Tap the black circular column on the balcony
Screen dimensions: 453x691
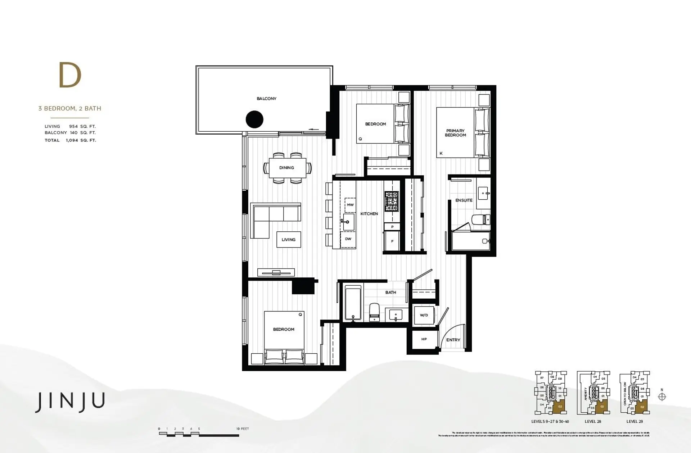[254, 119]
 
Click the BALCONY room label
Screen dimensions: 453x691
[266, 99]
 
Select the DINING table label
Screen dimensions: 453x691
[286, 168]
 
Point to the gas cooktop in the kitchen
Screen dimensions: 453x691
[391, 201]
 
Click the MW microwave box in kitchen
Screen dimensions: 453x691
[350, 205]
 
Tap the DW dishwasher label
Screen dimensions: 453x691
[348, 239]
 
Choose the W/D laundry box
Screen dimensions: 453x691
[424, 315]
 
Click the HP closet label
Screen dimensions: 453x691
[424, 339]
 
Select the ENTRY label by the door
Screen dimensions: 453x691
[453, 340]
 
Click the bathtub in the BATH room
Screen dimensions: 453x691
[353, 303]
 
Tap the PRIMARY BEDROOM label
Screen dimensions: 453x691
[455, 133]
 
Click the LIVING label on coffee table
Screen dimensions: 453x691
[288, 240]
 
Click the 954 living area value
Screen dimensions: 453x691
[73, 127]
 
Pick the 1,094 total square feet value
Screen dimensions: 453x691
[72, 140]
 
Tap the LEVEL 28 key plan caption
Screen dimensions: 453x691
[593, 421]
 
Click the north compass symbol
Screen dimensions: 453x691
[662, 397]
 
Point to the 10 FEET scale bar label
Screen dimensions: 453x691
[243, 429]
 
